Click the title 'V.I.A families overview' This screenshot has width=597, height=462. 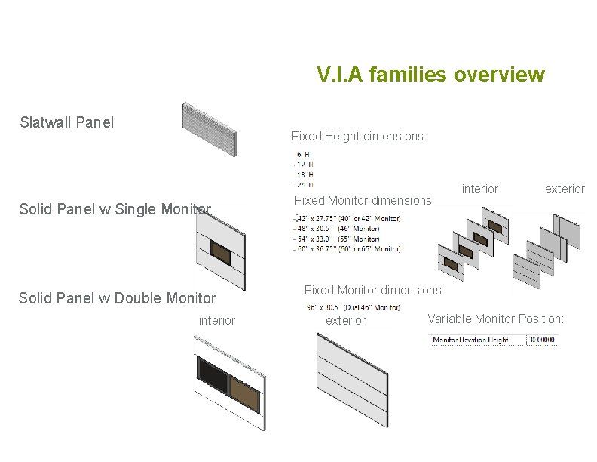pos(430,75)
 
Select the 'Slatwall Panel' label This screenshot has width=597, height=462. pos(67,122)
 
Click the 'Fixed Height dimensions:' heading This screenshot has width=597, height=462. pos(359,137)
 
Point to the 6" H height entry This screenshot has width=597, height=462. pos(303,153)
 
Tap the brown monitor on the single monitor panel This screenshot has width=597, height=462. pos(220,251)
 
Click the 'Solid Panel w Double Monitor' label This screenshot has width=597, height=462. pos(118,298)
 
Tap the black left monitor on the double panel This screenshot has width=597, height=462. pos(213,374)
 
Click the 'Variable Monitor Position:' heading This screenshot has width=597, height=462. pos(495,319)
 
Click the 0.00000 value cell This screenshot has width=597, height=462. pos(542,340)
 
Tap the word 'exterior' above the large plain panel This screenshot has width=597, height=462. pos(345,321)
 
